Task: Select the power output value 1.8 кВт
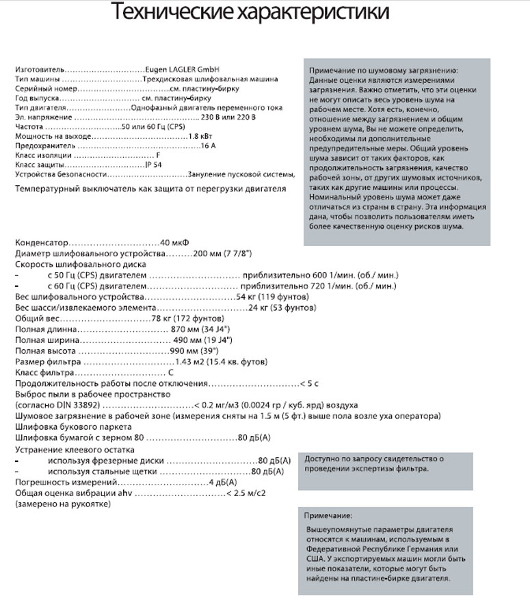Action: tap(202, 136)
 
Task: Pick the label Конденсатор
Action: tap(42, 243)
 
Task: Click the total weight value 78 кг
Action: tap(164, 318)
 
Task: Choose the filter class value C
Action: tap(170, 372)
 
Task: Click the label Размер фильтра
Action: tap(48, 362)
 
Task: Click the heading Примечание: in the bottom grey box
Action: tap(329, 515)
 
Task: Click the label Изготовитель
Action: tap(40, 70)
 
